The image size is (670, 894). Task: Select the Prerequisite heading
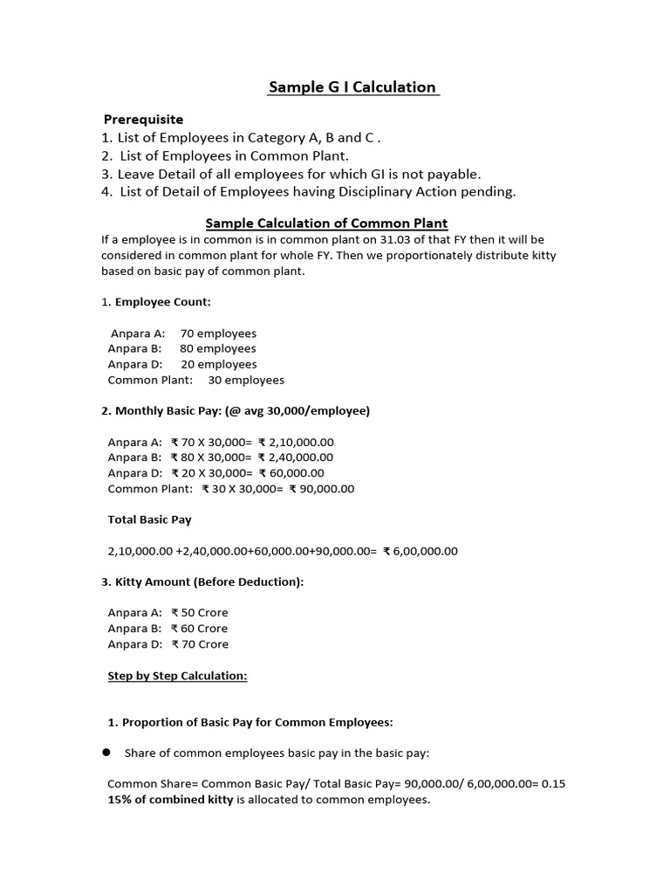[x=144, y=119]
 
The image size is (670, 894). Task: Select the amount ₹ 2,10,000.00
[x=296, y=442]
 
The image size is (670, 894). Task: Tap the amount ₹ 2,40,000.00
[x=296, y=457]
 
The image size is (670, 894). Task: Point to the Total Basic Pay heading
[x=149, y=519]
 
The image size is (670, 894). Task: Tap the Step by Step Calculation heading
[x=177, y=676]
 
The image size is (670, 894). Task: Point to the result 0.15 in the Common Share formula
[x=552, y=784]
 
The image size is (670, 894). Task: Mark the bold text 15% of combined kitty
[x=170, y=799]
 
